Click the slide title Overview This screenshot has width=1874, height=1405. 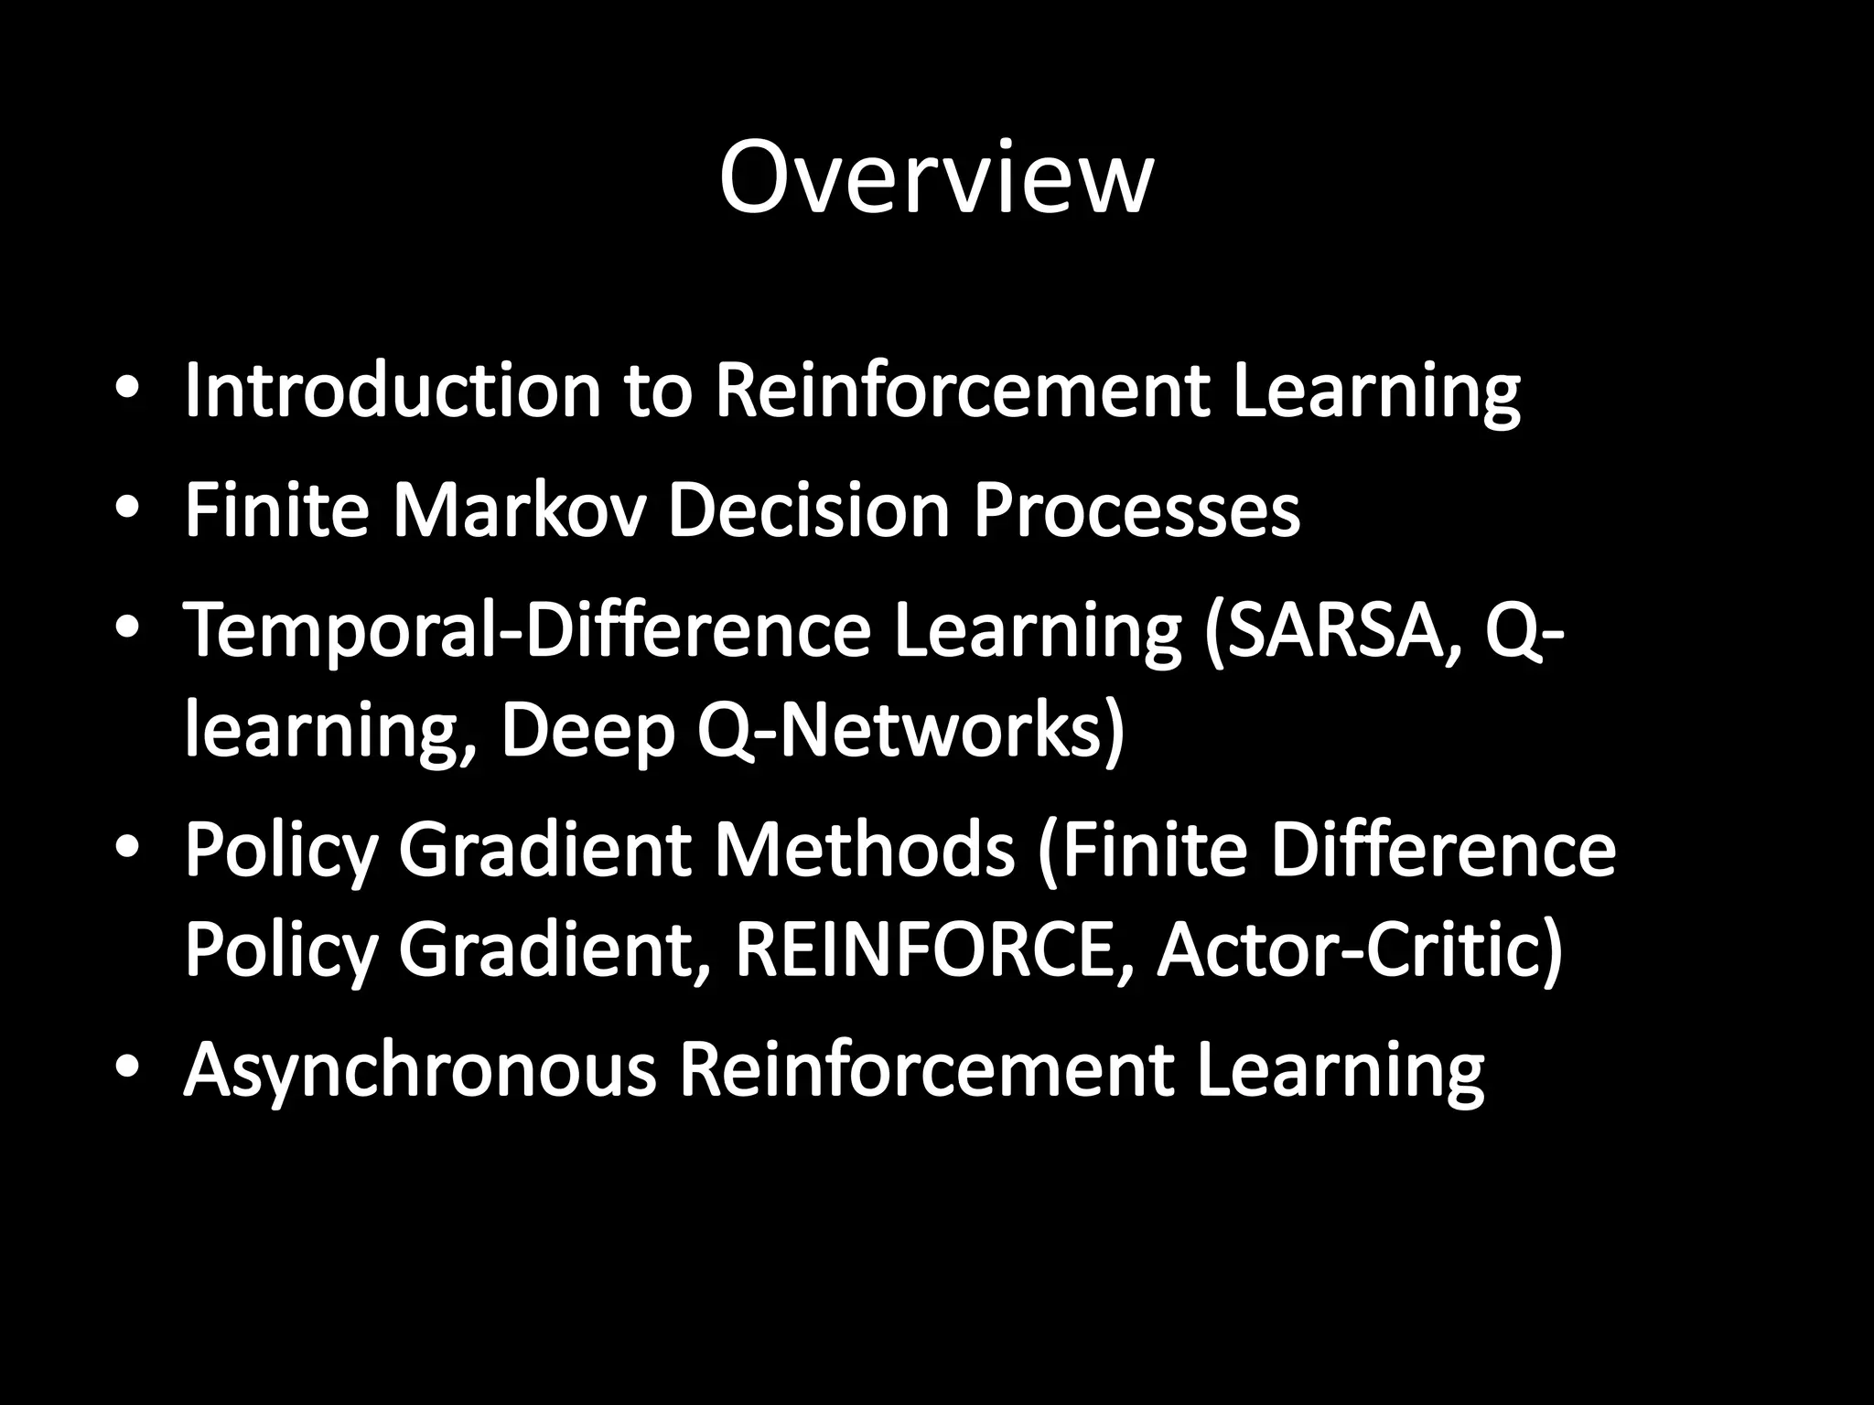pyautogui.click(x=935, y=178)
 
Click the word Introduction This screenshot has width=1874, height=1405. pyautogui.click(x=393, y=391)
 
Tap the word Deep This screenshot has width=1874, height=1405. pyautogui.click(x=587, y=734)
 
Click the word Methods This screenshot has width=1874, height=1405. pyautogui.click(x=864, y=850)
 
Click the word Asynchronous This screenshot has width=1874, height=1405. pyautogui.click(x=420, y=1069)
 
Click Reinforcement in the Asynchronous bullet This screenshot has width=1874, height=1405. pyautogui.click(x=925, y=1069)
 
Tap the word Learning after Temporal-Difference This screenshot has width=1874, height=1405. pyautogui.click(x=1038, y=633)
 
